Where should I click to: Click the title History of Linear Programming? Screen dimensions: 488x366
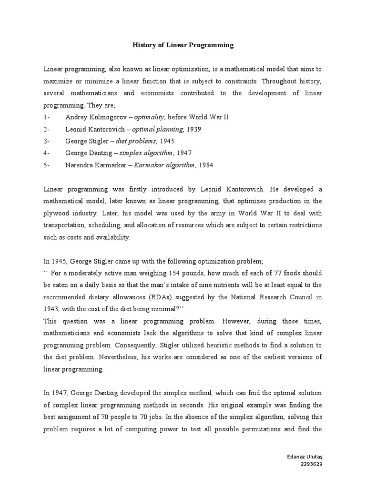[x=183, y=45]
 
